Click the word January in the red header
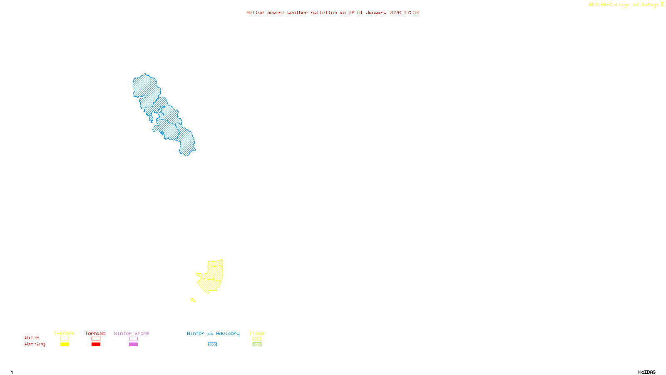pos(376,12)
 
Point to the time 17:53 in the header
pos(411,12)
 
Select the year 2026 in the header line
pos(395,12)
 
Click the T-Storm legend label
pos(64,333)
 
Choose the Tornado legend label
pos(95,333)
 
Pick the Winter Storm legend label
pos(132,333)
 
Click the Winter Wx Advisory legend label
pos(213,333)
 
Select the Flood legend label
pos(257,333)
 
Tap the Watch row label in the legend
pos(32,337)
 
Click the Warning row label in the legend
pos(35,344)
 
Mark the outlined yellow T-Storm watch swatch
pos(65,339)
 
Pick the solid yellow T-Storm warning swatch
pos(65,345)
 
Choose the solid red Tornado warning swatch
pos(96,345)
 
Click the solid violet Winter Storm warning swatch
pos(133,345)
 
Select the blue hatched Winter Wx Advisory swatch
pos(212,345)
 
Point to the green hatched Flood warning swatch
pos(257,345)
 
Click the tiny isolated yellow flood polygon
pos(193,300)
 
